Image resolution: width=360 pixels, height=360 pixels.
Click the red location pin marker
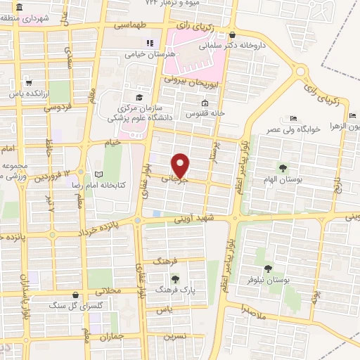(181, 166)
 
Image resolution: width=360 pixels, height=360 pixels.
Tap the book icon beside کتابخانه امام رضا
(98, 174)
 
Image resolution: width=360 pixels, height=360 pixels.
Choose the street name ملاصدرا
(252, 313)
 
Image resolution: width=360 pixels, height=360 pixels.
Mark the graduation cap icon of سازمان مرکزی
(139, 97)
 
